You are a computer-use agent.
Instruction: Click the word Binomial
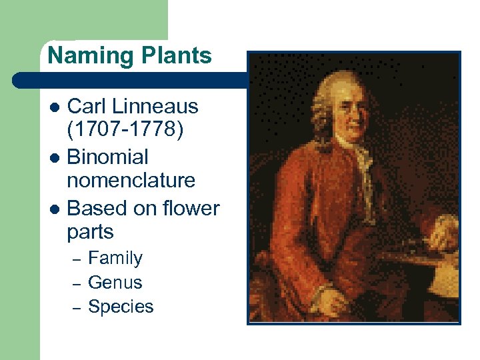(x=107, y=157)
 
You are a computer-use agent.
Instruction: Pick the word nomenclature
(x=131, y=180)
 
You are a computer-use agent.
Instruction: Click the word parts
(x=91, y=233)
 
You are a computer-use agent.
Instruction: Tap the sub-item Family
(x=115, y=258)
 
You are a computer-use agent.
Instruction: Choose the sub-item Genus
(x=115, y=283)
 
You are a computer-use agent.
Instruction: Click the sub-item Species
(x=121, y=307)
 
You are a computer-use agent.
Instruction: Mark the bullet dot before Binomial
(x=56, y=158)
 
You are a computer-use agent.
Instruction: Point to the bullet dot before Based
(x=56, y=209)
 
